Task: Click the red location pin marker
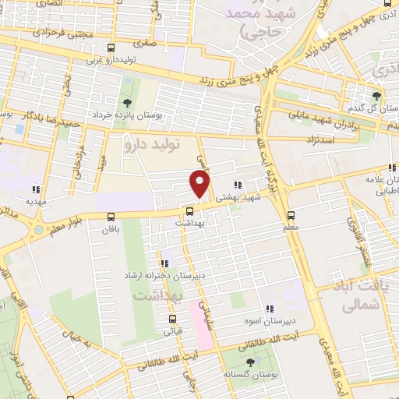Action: (x=200, y=184)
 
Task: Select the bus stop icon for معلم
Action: (x=291, y=215)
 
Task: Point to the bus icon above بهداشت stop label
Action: (x=190, y=210)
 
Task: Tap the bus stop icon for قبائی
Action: (x=172, y=318)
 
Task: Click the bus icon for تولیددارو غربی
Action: (x=111, y=48)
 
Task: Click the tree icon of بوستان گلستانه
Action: (x=250, y=362)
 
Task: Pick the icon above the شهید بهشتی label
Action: (x=238, y=185)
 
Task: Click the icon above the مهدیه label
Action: (x=35, y=189)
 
